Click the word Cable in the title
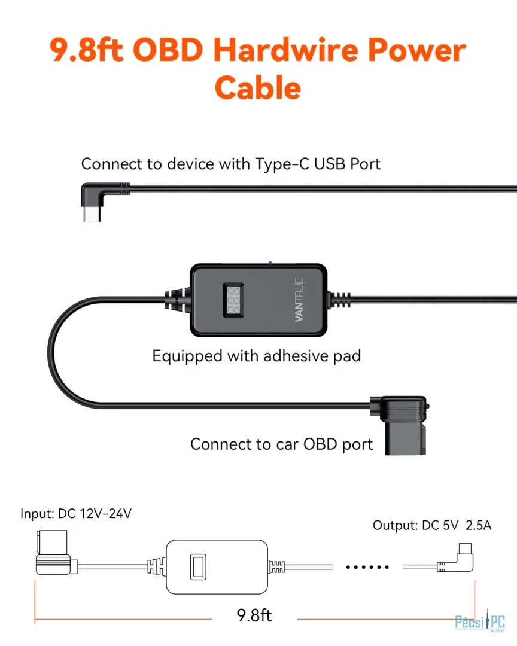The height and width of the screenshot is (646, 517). pos(258,88)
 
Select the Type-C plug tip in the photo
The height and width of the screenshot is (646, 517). pos(91,214)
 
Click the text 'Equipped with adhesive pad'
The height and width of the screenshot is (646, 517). pos(256,356)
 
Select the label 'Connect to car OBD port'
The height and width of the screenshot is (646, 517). pos(281,444)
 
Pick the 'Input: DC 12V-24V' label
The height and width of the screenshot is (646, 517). pos(76,513)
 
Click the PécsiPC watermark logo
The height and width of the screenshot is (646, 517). pos(480,622)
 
